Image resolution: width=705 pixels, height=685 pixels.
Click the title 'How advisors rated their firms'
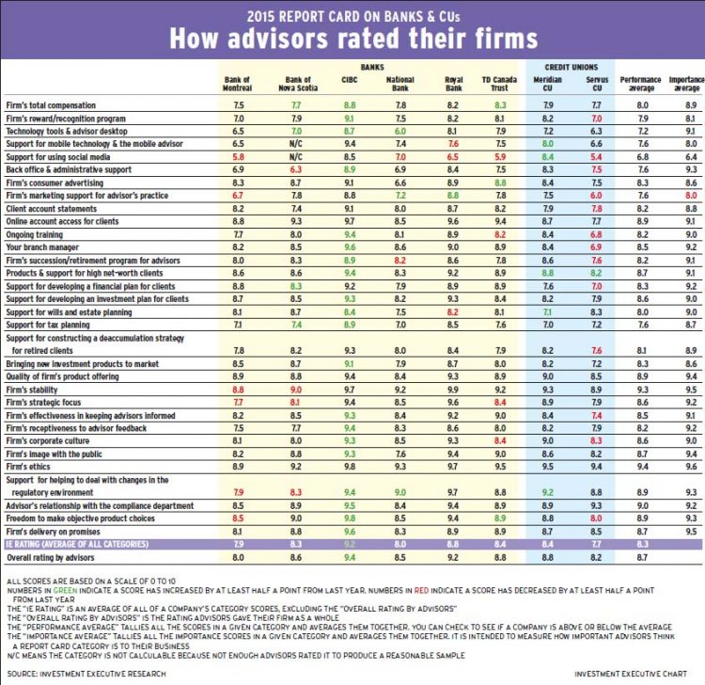coord(352,38)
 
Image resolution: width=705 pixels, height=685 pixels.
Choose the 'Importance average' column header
coord(685,85)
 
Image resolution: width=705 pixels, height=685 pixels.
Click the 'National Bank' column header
coord(400,85)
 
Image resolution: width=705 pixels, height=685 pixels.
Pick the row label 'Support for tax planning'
coord(54,324)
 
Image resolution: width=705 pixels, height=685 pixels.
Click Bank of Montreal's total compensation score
coord(239,107)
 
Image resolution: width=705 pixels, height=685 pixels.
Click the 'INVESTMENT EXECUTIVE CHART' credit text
coord(635,674)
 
